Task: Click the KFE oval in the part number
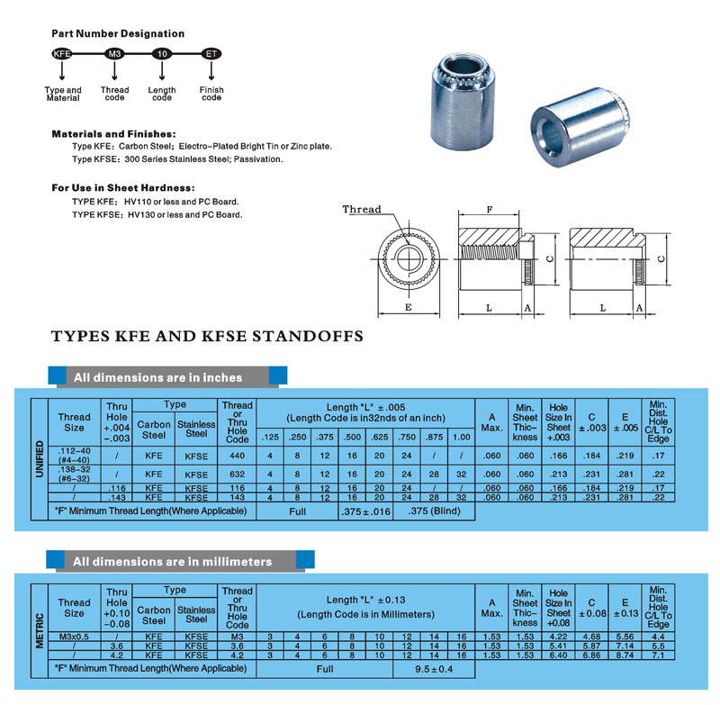click(x=62, y=55)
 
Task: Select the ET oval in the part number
click(x=211, y=55)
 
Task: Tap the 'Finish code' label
click(x=211, y=94)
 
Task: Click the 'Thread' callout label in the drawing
click(x=362, y=210)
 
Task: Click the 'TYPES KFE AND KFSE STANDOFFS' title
click(x=207, y=337)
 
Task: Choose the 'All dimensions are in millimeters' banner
click(x=172, y=561)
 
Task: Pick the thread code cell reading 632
click(x=237, y=474)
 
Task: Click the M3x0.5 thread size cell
click(x=74, y=637)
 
